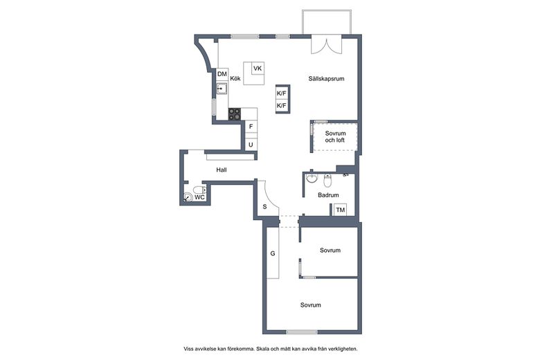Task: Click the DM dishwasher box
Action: [x=222, y=74]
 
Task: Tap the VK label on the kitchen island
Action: [x=258, y=69]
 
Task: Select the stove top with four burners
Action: [x=235, y=114]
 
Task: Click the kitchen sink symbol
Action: [x=222, y=89]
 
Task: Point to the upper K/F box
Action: [x=282, y=93]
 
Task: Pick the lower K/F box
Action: [x=282, y=105]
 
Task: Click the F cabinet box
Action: [x=251, y=127]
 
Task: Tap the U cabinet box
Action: [x=251, y=145]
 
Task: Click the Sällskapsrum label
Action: [x=326, y=78]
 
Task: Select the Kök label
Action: [x=235, y=78]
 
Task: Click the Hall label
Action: [x=222, y=170]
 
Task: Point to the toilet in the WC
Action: [x=199, y=190]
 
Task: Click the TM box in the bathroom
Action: [x=340, y=210]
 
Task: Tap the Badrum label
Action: [x=328, y=195]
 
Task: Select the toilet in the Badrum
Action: [x=327, y=180]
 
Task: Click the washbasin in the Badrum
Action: [x=312, y=178]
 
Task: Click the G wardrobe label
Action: [x=273, y=253]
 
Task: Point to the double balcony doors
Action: [x=327, y=44]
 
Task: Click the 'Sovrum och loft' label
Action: [x=335, y=137]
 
